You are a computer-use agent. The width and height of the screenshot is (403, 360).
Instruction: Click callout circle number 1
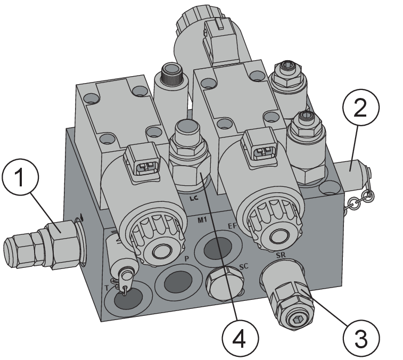tap(20, 177)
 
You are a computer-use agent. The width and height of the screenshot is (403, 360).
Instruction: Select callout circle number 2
tap(361, 107)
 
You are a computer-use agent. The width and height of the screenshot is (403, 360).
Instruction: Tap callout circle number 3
tap(361, 338)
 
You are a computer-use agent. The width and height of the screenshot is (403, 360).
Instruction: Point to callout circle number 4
tap(240, 338)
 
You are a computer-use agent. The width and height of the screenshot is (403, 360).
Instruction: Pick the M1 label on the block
tap(203, 220)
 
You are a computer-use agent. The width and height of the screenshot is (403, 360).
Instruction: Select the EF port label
tap(232, 226)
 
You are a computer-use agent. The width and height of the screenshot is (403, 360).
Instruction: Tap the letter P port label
tap(187, 259)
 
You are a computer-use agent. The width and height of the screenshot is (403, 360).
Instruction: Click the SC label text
tap(244, 266)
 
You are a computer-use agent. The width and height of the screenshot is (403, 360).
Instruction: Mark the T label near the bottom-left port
tap(107, 288)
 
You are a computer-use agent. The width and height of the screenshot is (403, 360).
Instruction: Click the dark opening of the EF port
tap(218, 248)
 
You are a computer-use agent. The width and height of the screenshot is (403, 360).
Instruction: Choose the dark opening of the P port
tap(178, 281)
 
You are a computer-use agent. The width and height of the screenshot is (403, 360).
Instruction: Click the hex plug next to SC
tap(225, 283)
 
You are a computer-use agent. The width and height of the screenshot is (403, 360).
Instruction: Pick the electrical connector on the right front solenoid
tap(260, 147)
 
